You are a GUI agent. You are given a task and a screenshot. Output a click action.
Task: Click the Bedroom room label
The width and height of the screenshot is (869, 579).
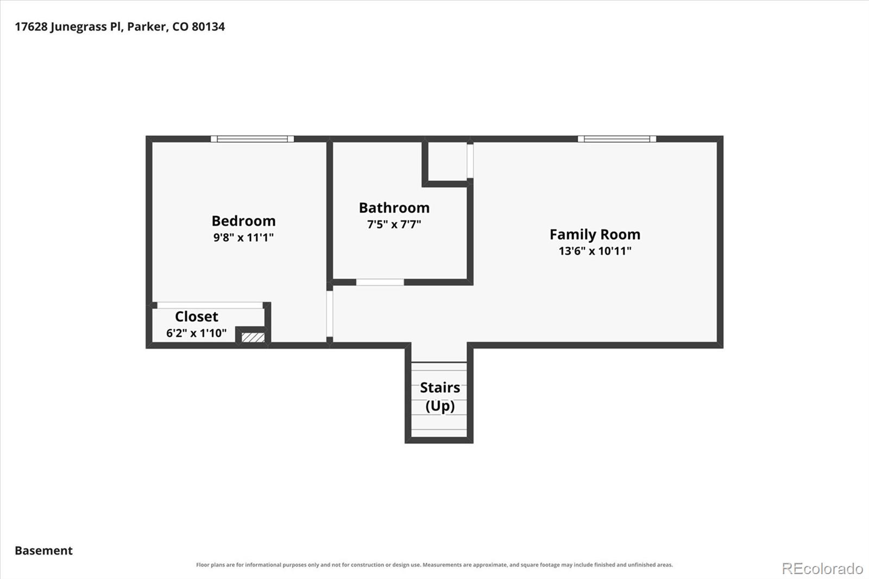[x=244, y=221]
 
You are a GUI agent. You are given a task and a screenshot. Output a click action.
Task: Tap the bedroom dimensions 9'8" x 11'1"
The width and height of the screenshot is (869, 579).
[x=244, y=237]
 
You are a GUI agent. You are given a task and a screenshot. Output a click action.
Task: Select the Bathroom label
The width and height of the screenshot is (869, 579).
[x=394, y=207]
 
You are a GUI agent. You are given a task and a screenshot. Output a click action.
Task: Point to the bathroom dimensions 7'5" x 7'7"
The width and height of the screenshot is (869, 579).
[x=394, y=224]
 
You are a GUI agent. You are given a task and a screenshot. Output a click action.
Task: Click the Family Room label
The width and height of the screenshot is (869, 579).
[x=595, y=235]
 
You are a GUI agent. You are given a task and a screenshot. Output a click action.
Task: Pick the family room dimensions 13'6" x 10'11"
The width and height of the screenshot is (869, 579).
[x=595, y=251]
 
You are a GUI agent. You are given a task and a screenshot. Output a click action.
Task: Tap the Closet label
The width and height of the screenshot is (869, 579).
[x=196, y=316]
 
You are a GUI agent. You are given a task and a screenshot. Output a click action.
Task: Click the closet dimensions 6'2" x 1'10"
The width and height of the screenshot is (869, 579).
[x=196, y=333]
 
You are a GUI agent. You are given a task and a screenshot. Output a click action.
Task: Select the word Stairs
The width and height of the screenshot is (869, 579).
[x=440, y=387]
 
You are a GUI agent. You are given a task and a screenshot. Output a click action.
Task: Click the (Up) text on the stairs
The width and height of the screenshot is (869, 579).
[x=440, y=406]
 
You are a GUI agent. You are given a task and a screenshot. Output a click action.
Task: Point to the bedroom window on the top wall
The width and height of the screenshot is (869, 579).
[x=252, y=139]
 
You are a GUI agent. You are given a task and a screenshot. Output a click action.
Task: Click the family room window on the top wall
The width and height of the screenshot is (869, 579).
[x=617, y=139]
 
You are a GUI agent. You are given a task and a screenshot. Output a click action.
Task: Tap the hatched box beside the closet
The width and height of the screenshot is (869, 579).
[x=253, y=337]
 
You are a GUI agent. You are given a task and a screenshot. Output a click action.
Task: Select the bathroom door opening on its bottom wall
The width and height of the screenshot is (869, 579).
[x=380, y=282]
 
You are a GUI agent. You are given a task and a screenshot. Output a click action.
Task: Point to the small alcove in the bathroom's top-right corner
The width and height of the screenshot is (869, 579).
[x=448, y=161]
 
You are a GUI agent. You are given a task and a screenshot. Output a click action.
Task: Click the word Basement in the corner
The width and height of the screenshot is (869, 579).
[x=43, y=550]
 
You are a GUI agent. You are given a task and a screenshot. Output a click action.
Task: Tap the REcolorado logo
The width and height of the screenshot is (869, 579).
[x=822, y=569]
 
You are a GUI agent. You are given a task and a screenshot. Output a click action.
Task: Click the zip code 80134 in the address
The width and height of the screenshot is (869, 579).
[x=208, y=27]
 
